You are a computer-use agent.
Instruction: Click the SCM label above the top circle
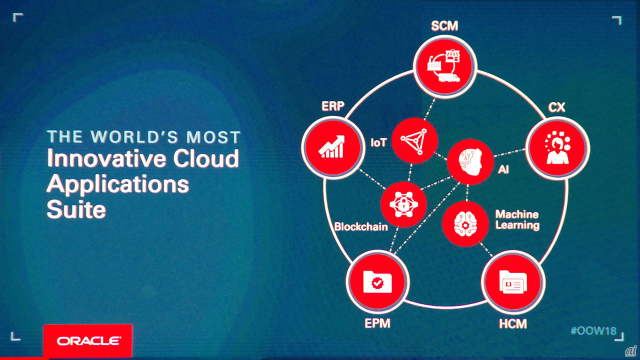pos(444,25)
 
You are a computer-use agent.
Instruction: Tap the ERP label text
pos(333,106)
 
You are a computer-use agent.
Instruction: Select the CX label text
pos(556,107)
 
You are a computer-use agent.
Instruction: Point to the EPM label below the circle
pos(377,323)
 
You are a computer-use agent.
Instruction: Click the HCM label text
pos(513,323)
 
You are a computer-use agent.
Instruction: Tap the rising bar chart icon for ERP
pos(331,146)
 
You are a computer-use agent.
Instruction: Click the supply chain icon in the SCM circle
pos(444,66)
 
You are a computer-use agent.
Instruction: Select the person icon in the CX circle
pos(557,147)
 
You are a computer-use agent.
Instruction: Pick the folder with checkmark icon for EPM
pos(377,281)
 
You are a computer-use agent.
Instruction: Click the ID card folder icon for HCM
pos(513,281)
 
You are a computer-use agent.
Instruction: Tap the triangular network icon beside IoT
pos(414,141)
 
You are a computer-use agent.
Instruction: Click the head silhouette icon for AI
pos(470,161)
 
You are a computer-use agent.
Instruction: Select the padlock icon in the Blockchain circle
pos(403,204)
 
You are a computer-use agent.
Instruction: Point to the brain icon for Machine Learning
pos(465,223)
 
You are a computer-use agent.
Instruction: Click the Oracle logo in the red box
pos(88,341)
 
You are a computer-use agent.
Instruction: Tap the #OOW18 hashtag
pos(593,331)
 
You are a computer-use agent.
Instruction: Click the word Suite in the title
pos(76,209)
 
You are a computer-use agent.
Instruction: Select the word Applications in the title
pos(117,185)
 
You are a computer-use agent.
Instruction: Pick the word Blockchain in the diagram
pos(361,226)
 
